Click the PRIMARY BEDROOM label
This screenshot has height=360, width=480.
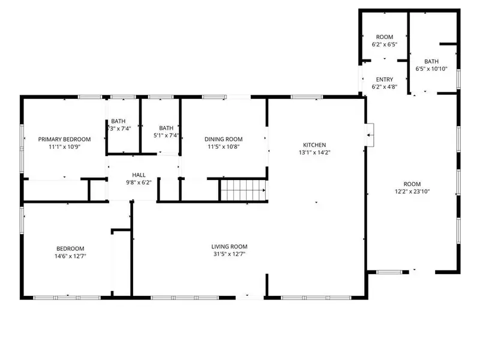point(64,139)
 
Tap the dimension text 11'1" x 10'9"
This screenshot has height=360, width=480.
point(64,146)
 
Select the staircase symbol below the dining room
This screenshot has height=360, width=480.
point(243,190)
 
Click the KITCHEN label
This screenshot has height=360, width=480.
point(314,145)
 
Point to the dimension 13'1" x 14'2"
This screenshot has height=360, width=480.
point(314,152)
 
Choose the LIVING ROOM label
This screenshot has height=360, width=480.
point(229,247)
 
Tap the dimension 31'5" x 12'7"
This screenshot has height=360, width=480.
point(229,254)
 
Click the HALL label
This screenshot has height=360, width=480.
point(139,175)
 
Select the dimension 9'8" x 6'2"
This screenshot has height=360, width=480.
point(139,182)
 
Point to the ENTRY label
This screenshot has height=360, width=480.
point(385,80)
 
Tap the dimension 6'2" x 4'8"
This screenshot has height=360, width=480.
point(385,87)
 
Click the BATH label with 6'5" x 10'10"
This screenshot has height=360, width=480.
point(431,61)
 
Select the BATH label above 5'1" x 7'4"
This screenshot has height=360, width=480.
point(166,128)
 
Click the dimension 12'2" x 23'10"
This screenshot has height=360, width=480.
point(412,192)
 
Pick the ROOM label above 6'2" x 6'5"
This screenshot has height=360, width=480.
point(385,37)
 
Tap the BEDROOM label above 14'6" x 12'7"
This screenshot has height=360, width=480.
point(70,248)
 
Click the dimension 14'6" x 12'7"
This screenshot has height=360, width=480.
point(70,256)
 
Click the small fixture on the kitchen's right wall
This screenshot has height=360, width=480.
point(371,135)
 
